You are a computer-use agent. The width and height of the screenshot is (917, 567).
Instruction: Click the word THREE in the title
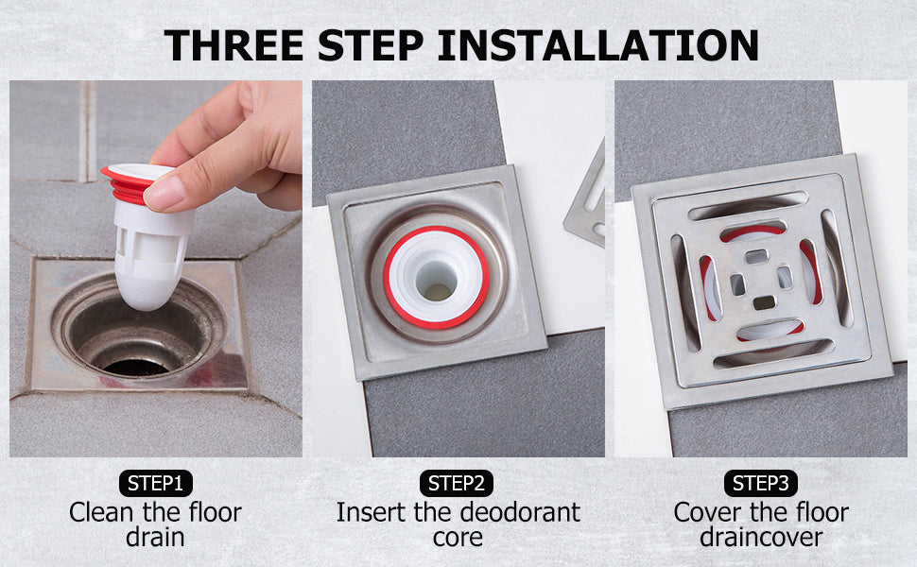(x=234, y=45)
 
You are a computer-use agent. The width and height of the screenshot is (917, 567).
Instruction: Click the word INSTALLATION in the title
(x=597, y=45)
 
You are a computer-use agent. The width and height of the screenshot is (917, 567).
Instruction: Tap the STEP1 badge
(x=156, y=484)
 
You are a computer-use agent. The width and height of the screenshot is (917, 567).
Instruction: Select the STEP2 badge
(x=457, y=484)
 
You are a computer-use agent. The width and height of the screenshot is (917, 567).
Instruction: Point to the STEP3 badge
(x=761, y=484)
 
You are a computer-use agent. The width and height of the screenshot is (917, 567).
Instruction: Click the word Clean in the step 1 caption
(x=101, y=512)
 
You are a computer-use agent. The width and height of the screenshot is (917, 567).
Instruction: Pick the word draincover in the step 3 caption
(x=761, y=537)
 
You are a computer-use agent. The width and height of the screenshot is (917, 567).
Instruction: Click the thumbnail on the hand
(x=164, y=193)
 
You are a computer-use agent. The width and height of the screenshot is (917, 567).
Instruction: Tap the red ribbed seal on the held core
(x=130, y=183)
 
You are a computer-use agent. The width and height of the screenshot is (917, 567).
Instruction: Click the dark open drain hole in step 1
(x=136, y=367)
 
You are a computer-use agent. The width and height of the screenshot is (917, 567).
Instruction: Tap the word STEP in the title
(x=371, y=45)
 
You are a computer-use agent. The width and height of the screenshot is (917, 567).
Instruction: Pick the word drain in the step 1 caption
(x=156, y=537)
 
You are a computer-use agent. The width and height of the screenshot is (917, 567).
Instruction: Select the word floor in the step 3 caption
(x=822, y=512)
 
